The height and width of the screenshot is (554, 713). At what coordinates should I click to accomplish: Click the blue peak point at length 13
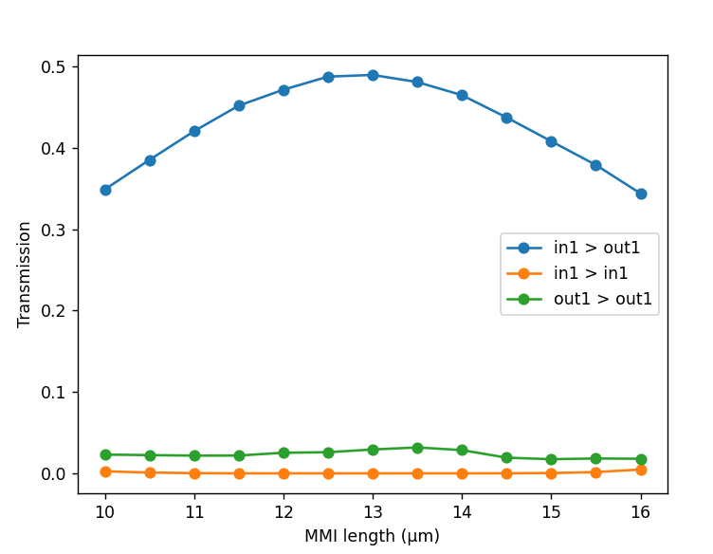(x=373, y=75)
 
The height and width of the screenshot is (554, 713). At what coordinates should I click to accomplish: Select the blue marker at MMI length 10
(x=105, y=190)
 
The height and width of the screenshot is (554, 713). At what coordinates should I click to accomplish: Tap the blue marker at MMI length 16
(x=641, y=194)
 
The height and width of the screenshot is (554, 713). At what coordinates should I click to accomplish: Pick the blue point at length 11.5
(x=239, y=105)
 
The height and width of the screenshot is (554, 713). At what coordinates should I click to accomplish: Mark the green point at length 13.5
(x=417, y=448)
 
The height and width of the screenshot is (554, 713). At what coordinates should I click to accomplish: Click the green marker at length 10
(x=105, y=454)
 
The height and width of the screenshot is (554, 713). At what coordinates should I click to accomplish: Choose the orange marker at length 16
(x=641, y=470)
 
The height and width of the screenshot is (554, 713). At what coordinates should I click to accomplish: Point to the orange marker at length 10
(x=105, y=471)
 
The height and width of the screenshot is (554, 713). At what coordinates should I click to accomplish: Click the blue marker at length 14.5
(x=506, y=118)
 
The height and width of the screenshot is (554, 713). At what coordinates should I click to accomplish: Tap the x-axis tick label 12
(x=283, y=511)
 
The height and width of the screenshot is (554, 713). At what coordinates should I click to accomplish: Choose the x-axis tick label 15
(x=552, y=511)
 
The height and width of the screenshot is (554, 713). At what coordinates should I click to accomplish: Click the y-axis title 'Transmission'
(x=25, y=274)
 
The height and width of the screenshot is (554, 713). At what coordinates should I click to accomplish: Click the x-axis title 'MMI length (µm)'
(x=372, y=536)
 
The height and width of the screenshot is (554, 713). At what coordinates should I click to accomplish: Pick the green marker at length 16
(x=641, y=459)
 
